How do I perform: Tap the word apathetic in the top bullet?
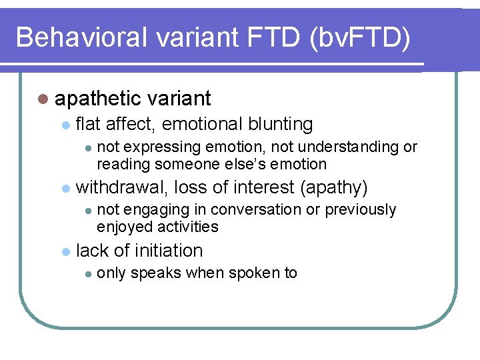coord(98,99)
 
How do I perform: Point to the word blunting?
coord(280,124)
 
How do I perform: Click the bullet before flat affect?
coord(65,125)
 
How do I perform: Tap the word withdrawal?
coord(123,188)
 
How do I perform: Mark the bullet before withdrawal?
coord(65,189)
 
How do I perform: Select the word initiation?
coord(169,251)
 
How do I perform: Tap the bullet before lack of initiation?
coord(65,252)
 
